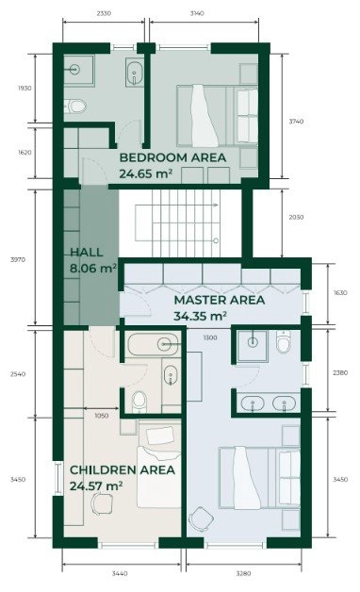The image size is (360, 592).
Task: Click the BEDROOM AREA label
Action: tap(172, 157)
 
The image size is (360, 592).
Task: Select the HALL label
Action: tap(87, 253)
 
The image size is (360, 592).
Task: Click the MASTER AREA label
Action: tap(220, 300)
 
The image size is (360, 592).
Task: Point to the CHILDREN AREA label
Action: tap(123, 470)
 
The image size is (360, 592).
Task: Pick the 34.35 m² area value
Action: tap(201, 316)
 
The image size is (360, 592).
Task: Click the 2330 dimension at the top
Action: tap(104, 13)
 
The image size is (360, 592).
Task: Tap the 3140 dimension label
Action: tap(197, 13)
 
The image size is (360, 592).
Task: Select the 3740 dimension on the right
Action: tap(296, 122)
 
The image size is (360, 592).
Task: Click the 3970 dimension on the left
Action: tap(18, 260)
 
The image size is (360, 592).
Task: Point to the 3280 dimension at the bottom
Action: tap(243, 573)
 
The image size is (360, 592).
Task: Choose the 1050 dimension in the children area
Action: tap(102, 416)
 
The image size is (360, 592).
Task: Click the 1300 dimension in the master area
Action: tap(210, 337)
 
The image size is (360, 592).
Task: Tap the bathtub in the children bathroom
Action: tap(153, 344)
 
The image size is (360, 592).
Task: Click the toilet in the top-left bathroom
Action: tap(75, 107)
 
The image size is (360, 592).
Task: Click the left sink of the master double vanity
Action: tap(253, 403)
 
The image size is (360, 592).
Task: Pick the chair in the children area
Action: tap(102, 504)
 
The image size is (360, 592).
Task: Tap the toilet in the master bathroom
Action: tap(284, 341)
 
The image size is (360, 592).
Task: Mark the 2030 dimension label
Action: tap(296, 217)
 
